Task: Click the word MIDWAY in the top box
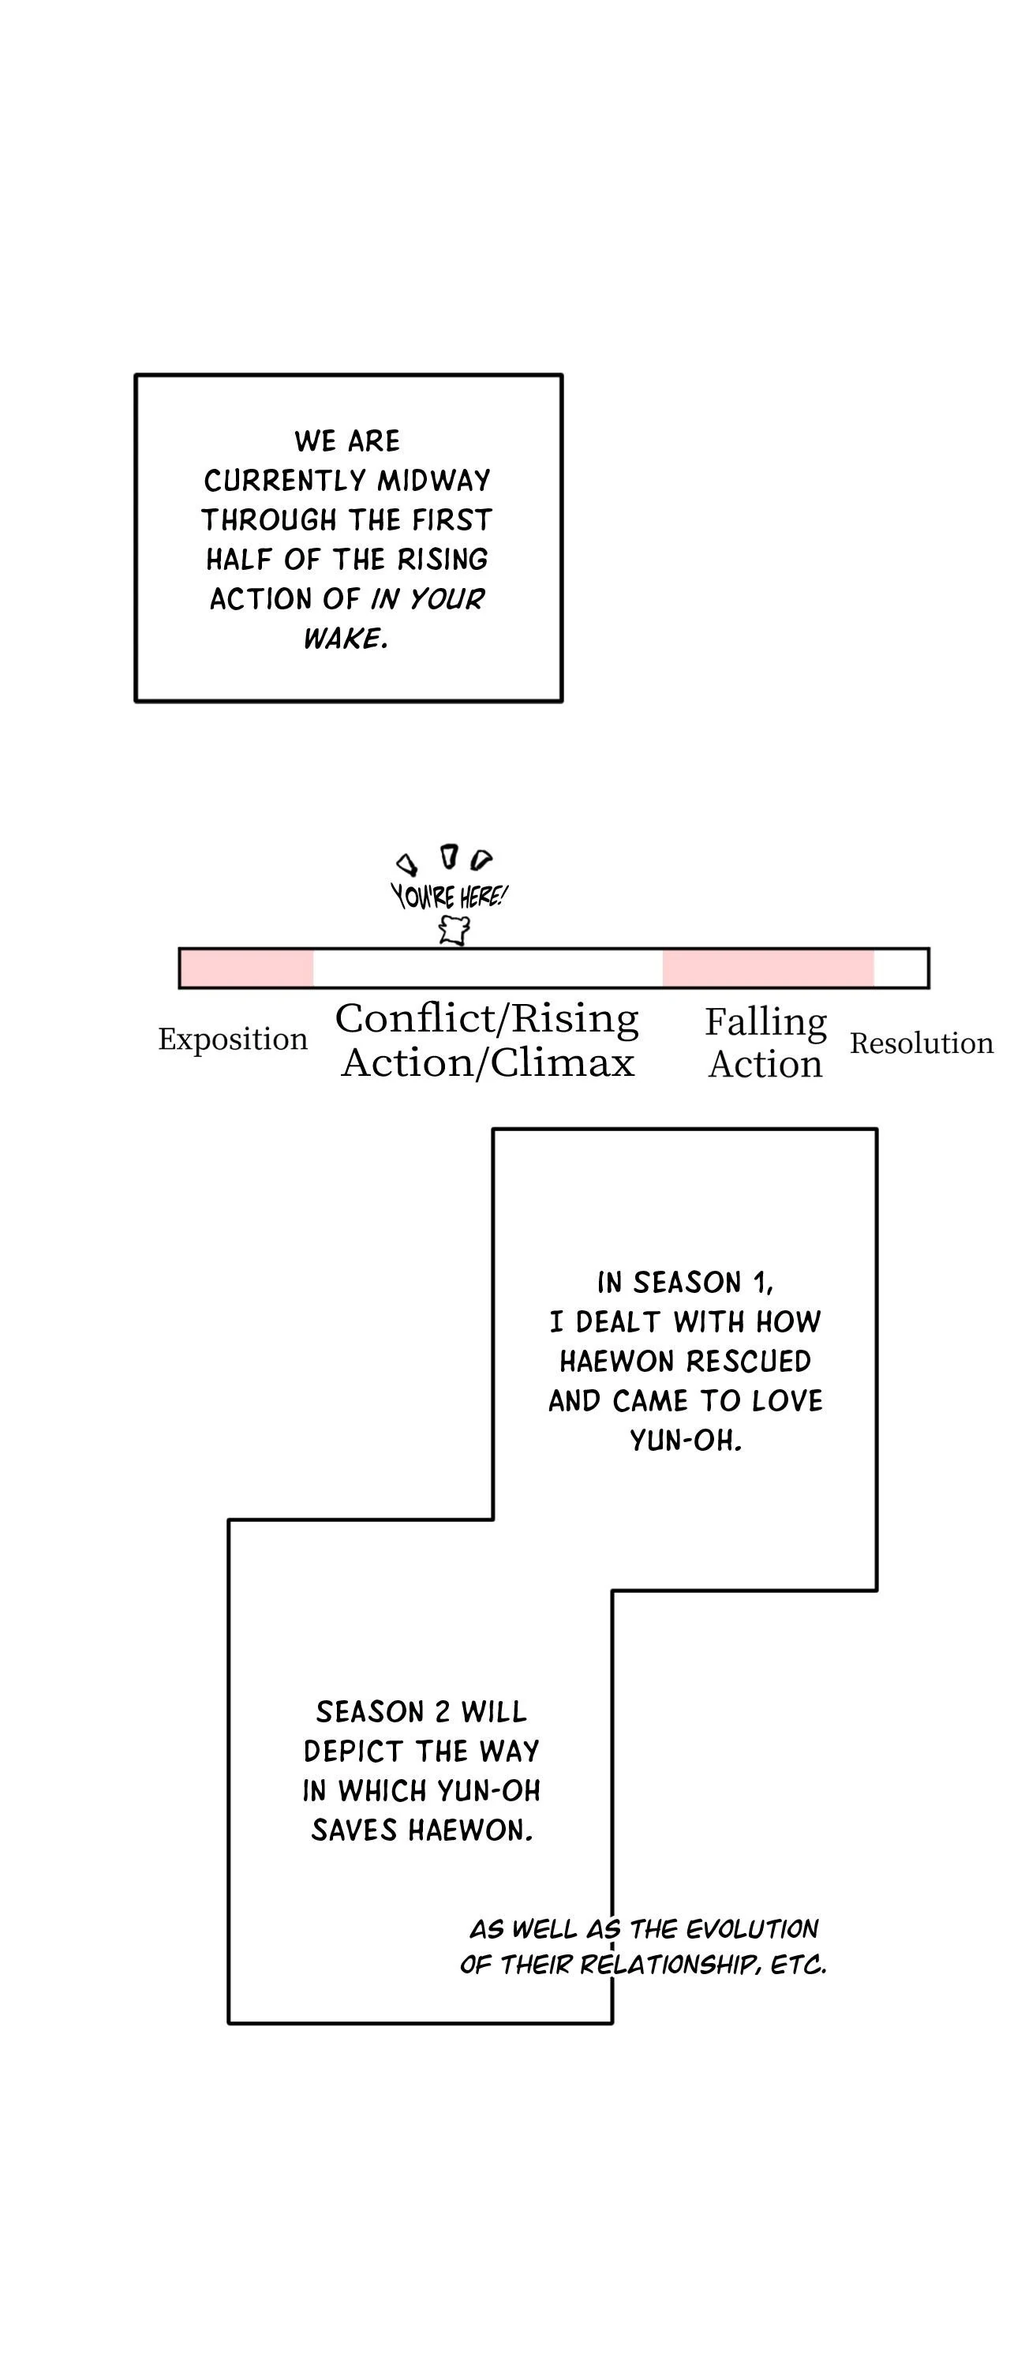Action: [434, 481]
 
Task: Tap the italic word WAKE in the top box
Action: [344, 639]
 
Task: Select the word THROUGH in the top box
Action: [269, 520]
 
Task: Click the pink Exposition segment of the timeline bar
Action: [247, 968]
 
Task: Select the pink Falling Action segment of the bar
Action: [768, 968]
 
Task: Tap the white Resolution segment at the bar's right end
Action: [900, 968]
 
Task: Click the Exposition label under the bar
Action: [233, 1039]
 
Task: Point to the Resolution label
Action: [921, 1043]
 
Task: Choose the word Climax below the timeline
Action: [562, 1063]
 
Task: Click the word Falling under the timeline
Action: [765, 1021]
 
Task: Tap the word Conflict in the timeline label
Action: [415, 1018]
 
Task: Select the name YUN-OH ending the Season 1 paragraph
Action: [686, 1440]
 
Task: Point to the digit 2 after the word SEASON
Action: [442, 1711]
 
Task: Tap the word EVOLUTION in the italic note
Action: [752, 1928]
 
